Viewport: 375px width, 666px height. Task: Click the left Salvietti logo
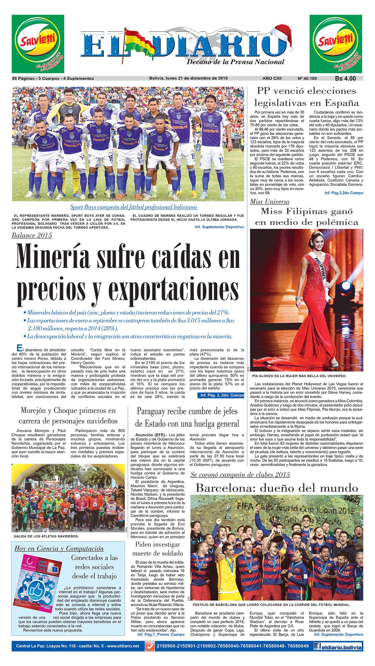pyautogui.click(x=38, y=44)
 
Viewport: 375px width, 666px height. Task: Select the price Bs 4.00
pyautogui.click(x=345, y=78)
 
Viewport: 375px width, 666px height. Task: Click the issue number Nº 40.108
pyautogui.click(x=307, y=78)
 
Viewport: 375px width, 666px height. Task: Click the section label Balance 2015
pyautogui.click(x=32, y=235)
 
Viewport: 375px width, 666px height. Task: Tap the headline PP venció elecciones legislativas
pyautogui.click(x=306, y=97)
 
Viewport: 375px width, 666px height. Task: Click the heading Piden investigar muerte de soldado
pyautogui.click(x=157, y=548)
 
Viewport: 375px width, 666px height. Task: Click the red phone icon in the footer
pyautogui.click(x=150, y=646)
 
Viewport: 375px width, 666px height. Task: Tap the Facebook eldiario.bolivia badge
pyautogui.click(x=338, y=646)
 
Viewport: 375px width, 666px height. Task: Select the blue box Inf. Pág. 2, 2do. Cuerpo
pyautogui.click(x=221, y=395)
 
